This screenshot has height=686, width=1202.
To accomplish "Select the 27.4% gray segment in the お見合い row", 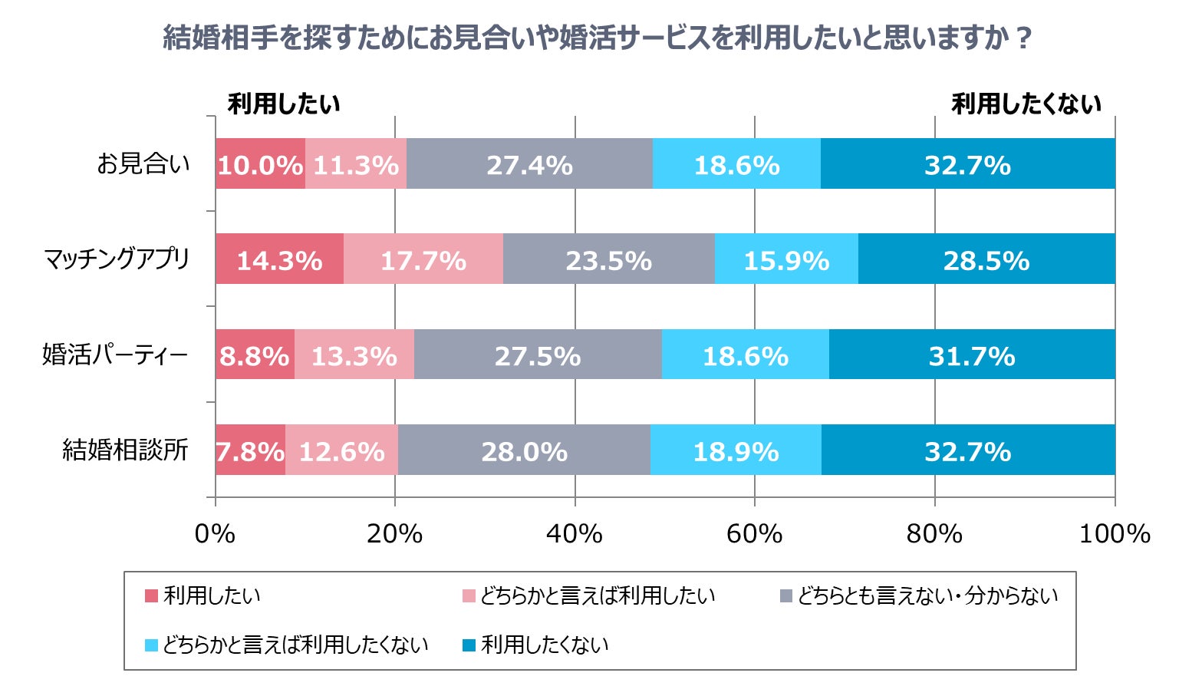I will click(529, 164).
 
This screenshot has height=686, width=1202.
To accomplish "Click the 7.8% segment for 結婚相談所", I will click(250, 450).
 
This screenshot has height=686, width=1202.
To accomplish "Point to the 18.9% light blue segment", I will click(736, 450).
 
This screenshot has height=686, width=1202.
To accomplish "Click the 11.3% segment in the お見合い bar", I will click(356, 164).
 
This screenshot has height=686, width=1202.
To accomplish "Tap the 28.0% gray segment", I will click(524, 450).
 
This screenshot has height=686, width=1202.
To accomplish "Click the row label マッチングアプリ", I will click(117, 259).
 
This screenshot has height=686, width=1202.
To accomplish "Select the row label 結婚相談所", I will click(125, 450).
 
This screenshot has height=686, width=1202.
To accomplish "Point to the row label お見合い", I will click(143, 164).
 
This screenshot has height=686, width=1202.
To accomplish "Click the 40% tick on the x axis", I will click(575, 533).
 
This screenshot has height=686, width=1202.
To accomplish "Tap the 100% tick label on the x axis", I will click(1114, 533).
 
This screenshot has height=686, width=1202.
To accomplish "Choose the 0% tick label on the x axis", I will click(215, 533).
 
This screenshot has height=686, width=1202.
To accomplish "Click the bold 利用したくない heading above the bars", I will click(1026, 104).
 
